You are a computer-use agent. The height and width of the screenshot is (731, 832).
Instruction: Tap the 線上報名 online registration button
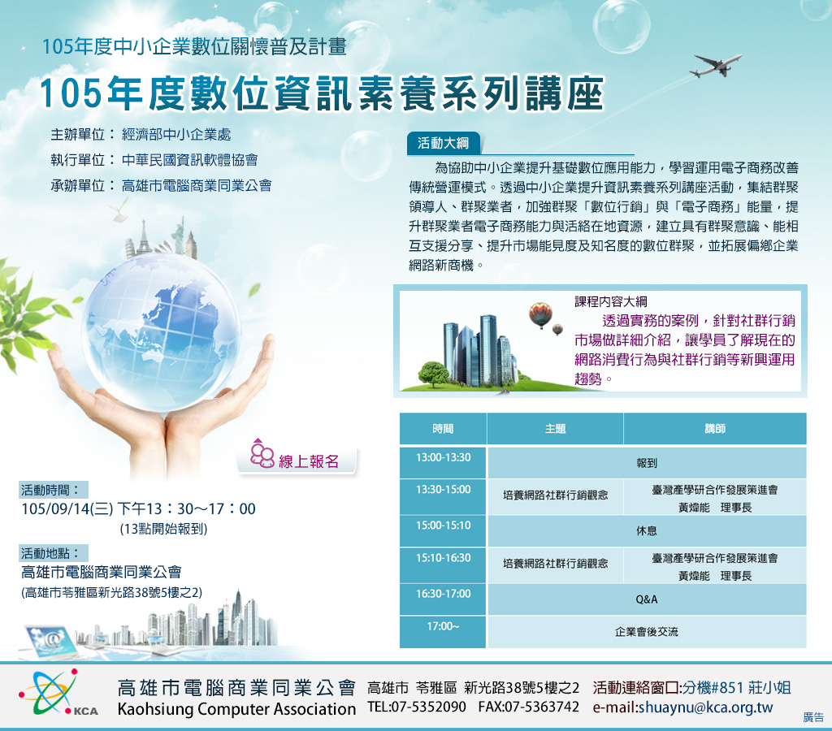[x=297, y=460]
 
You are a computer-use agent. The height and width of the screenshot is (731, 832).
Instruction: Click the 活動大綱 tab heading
[x=444, y=143]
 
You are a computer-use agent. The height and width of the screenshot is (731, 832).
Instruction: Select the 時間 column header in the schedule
[x=443, y=429]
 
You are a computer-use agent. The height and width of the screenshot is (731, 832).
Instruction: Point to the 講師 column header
[x=715, y=429]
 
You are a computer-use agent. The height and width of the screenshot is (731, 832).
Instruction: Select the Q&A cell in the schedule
[x=647, y=599]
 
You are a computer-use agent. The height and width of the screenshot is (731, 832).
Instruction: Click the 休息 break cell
[x=647, y=530]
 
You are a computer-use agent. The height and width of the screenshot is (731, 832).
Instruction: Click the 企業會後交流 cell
[x=647, y=632]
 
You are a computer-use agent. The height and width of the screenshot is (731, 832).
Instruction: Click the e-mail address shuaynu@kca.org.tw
[x=682, y=707]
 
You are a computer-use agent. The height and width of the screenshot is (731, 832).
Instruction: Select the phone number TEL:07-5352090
[x=417, y=707]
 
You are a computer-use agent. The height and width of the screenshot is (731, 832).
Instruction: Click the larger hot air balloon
[x=540, y=314]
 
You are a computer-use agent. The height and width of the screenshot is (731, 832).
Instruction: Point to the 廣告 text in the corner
[x=813, y=717]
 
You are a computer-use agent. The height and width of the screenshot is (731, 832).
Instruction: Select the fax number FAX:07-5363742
[x=528, y=707]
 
